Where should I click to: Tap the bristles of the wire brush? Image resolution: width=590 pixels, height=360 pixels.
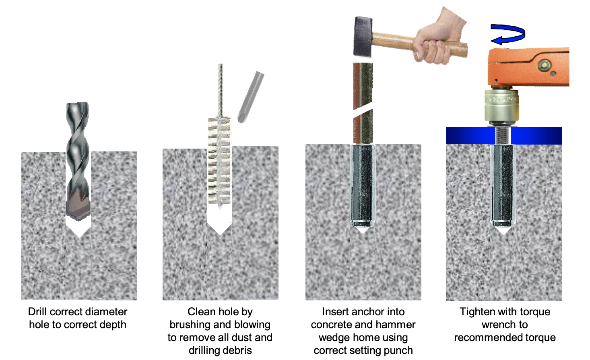(x=219, y=161)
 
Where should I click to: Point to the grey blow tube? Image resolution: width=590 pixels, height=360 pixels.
(x=251, y=97)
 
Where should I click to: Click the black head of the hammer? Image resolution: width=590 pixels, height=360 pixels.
(x=363, y=37)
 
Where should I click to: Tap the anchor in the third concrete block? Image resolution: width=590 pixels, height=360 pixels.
(x=363, y=185)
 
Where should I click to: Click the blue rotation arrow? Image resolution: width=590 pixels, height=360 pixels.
(x=508, y=34)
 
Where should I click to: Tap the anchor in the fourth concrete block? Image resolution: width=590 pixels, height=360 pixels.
(x=503, y=185)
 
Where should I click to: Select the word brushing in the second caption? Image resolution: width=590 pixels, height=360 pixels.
(x=190, y=325)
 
